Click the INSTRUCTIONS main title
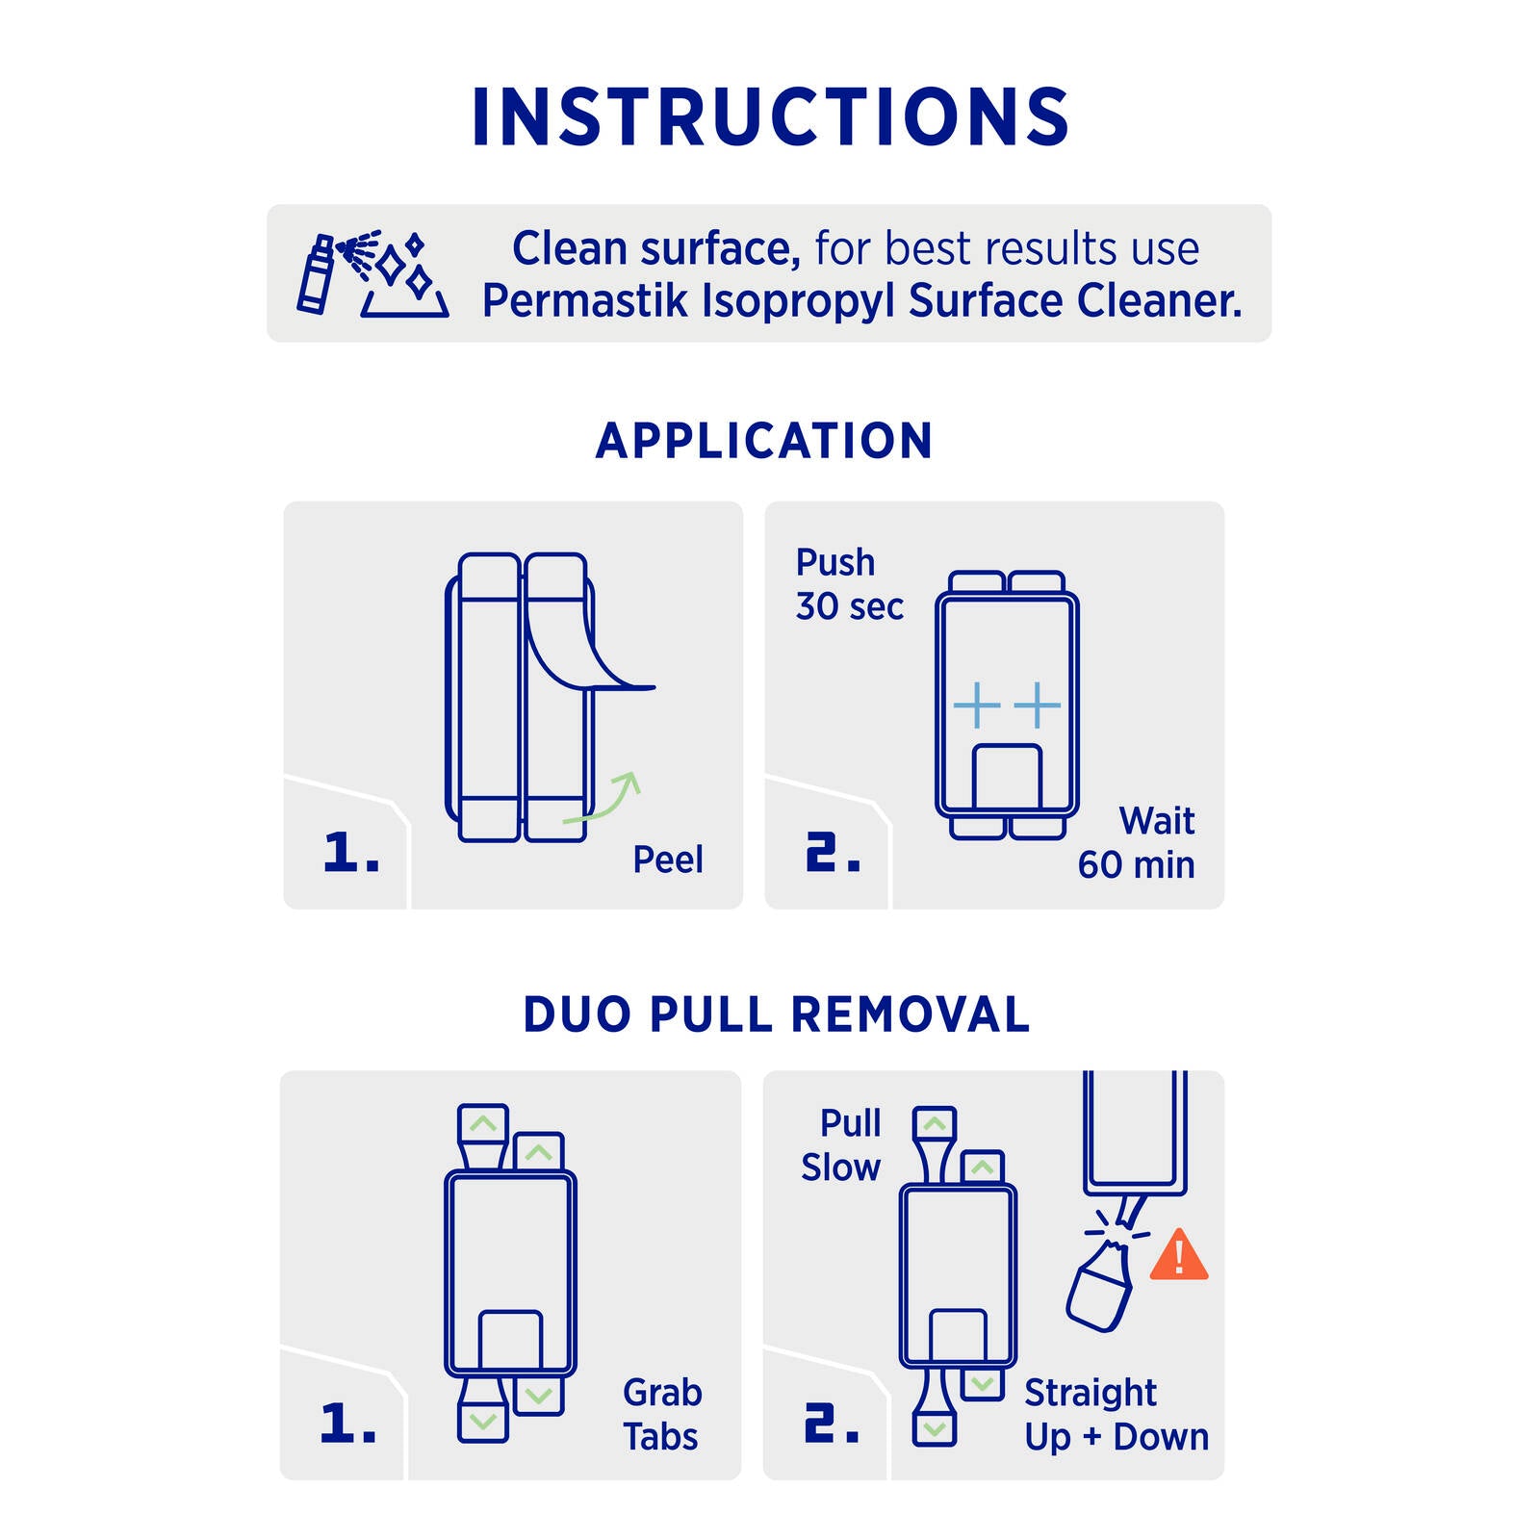point(770,117)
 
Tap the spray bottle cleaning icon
point(372,273)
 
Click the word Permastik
point(585,301)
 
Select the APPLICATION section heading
point(764,441)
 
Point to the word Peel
point(668,860)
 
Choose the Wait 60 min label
point(1137,843)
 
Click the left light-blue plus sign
point(977,705)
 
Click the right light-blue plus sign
point(1038,705)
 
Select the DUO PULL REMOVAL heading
point(776,1014)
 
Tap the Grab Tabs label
point(662,1414)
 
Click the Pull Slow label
point(841,1144)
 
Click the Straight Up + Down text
point(1116,1414)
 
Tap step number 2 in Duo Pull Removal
point(832,1423)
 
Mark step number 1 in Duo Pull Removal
point(347,1423)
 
